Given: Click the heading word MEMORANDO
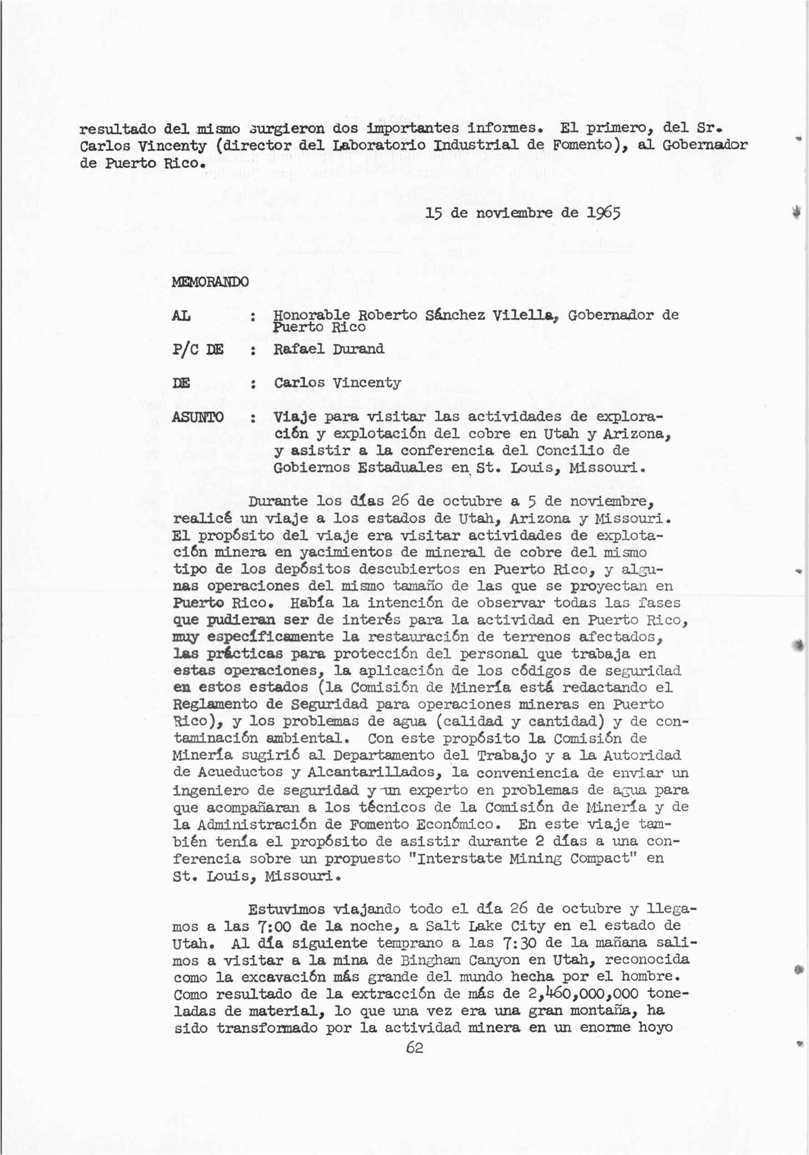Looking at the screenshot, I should point(210,282).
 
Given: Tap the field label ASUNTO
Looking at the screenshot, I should point(198,417).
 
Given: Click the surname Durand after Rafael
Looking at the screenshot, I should point(358,349).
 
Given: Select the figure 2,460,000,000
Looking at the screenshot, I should point(583,994).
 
